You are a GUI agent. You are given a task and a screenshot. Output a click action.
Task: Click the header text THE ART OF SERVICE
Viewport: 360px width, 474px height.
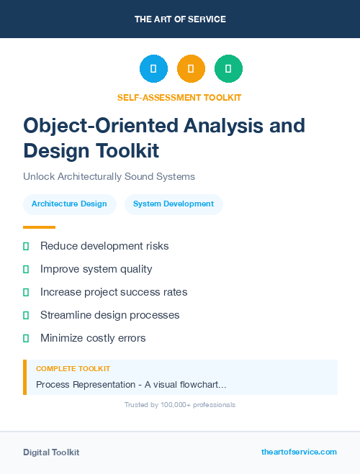click(180, 19)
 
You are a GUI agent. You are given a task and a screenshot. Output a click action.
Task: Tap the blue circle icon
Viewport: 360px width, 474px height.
click(153, 69)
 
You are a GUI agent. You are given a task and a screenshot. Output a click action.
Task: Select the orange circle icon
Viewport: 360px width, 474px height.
click(191, 69)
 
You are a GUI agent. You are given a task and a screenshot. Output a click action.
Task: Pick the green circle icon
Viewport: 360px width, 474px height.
click(228, 69)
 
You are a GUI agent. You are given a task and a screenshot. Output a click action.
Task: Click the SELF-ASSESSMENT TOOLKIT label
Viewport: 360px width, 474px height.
click(179, 97)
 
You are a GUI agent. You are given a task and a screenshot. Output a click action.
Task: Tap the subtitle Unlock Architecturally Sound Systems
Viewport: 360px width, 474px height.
click(109, 176)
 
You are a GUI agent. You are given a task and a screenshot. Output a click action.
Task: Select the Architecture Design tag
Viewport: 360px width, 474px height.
click(69, 204)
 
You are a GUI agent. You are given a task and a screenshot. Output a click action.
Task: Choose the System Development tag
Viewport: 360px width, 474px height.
click(174, 204)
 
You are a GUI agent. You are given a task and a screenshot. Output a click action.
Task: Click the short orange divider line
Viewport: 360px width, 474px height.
click(39, 227)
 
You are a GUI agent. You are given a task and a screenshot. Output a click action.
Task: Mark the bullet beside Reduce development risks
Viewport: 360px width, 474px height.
click(26, 246)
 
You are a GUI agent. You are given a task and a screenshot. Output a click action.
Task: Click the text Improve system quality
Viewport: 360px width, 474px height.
click(96, 269)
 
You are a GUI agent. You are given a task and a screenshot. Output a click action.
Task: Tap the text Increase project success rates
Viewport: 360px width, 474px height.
click(114, 292)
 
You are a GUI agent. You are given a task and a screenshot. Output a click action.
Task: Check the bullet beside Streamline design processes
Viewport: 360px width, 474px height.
click(26, 315)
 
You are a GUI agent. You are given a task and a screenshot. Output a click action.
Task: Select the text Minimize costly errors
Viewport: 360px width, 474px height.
click(93, 338)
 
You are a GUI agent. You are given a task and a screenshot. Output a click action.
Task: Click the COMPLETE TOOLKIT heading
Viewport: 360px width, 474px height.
click(73, 368)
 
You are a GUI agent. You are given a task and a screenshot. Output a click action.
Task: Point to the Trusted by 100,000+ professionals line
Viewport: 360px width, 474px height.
click(180, 405)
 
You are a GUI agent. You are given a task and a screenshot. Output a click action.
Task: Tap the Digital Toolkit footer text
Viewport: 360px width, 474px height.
click(51, 452)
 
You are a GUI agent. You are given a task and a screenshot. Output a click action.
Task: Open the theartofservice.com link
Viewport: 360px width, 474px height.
click(299, 452)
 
